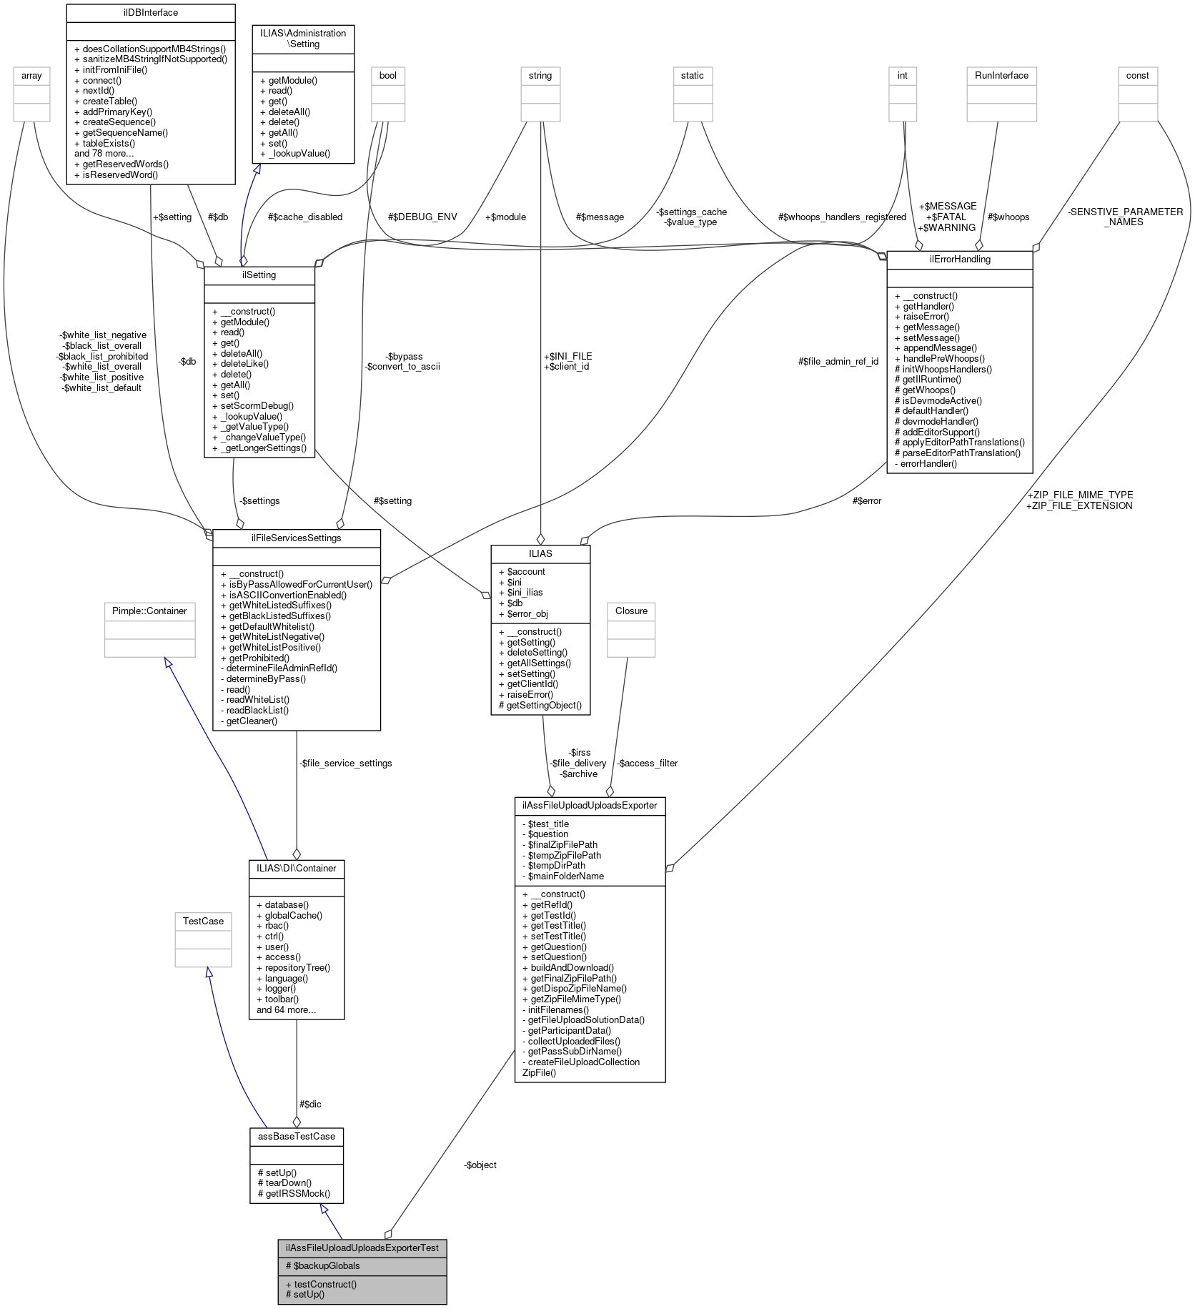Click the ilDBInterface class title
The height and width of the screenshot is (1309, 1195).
150,13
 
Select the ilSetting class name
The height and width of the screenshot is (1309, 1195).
259,275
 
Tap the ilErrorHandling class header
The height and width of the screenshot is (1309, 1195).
959,260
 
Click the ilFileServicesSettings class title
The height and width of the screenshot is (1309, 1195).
296,538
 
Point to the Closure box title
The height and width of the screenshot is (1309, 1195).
631,611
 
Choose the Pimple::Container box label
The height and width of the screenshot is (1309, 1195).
149,611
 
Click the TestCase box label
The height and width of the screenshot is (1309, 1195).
203,921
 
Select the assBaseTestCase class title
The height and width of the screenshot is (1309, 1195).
296,1136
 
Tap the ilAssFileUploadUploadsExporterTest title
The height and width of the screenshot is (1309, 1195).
362,1248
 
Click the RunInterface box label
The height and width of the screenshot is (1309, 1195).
1001,76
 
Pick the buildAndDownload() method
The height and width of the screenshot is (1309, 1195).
572,967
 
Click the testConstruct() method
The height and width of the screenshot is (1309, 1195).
325,1284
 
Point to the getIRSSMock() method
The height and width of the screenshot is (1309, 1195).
294,1193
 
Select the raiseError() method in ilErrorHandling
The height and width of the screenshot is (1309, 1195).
926,316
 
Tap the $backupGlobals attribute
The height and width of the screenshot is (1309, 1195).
327,1265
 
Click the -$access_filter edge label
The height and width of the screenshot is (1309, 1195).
647,763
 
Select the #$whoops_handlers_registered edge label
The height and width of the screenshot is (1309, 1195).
842,217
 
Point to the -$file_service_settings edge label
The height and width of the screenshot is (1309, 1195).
345,763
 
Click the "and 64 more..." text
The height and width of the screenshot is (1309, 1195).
286,1009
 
